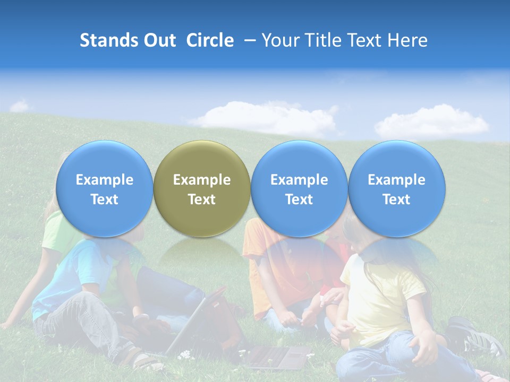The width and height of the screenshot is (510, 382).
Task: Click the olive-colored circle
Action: click(202, 188)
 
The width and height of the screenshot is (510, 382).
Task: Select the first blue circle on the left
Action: click(105, 188)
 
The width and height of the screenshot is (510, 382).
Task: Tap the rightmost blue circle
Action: click(396, 188)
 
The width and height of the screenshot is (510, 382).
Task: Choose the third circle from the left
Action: click(299, 188)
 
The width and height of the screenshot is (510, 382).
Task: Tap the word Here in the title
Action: click(408, 40)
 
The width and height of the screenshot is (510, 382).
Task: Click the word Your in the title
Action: click(279, 40)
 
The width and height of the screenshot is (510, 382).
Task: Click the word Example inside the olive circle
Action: click(202, 180)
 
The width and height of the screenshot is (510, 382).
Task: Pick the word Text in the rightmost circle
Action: click(396, 199)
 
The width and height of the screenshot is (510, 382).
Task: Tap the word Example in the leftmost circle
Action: click(105, 180)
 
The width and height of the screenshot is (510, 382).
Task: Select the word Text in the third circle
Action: click(299, 199)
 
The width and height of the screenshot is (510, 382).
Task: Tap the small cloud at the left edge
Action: click(20, 107)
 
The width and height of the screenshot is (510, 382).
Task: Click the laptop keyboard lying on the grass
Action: click(276, 357)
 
